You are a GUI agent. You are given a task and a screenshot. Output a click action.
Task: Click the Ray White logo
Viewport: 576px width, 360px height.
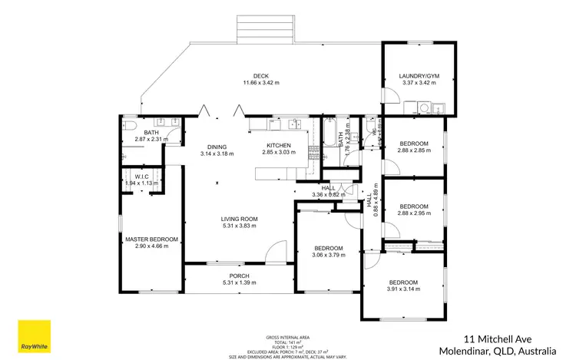(35, 339)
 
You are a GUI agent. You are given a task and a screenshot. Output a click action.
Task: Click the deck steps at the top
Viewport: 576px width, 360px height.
(266, 30)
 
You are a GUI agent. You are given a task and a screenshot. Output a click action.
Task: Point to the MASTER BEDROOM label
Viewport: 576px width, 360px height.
(151, 239)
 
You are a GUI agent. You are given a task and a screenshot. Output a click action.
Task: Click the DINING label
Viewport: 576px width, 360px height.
(217, 147)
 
